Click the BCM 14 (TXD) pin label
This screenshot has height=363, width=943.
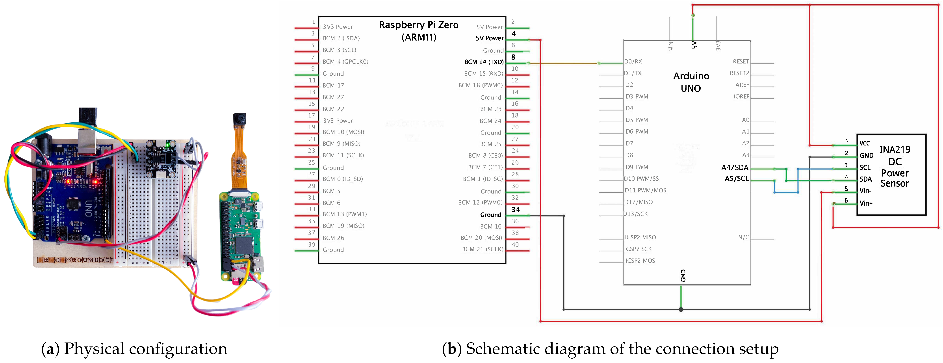[x=484, y=62]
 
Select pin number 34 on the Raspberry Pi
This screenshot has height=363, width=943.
[x=515, y=210]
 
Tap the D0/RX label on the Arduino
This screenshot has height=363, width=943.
[x=633, y=61]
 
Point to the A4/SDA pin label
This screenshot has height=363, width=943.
[x=735, y=168]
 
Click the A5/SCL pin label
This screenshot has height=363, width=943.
[x=737, y=179]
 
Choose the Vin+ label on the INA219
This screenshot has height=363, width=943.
[x=866, y=203]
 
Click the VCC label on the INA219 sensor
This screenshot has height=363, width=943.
[x=865, y=143]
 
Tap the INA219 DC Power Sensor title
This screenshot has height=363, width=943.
[x=895, y=166]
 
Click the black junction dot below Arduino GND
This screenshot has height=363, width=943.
[x=681, y=309]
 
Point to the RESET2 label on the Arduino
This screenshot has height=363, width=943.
[x=739, y=73]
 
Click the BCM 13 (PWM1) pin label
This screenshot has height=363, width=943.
[x=344, y=214]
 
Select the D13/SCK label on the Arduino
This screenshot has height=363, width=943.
[x=636, y=214]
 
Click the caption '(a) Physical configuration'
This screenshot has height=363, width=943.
[x=134, y=349]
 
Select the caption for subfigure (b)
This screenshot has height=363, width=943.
[x=610, y=349]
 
